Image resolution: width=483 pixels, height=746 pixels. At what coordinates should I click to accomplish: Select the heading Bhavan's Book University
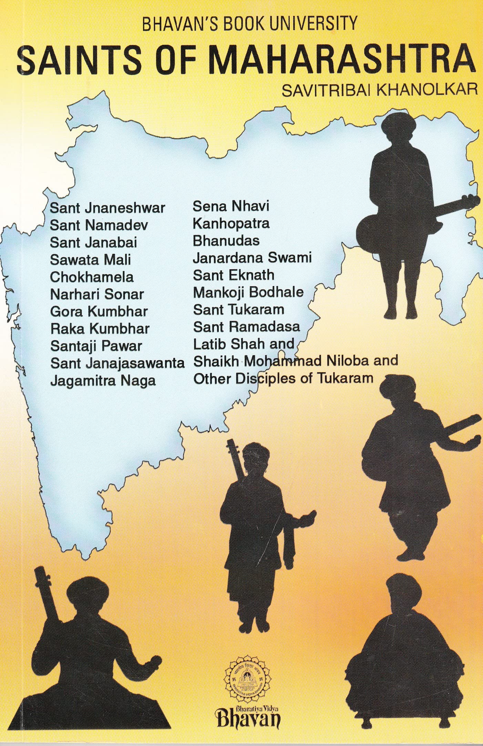coord(250,24)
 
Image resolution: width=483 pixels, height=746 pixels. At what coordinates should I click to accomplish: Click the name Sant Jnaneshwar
coord(107,208)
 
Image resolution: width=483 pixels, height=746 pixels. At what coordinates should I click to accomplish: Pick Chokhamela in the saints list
coord(92,277)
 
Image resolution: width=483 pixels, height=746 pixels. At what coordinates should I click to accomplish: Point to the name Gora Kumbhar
coord(99,312)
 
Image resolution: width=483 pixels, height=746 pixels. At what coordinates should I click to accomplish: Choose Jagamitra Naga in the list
coord(103,381)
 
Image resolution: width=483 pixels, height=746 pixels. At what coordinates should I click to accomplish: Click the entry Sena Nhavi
coord(231,206)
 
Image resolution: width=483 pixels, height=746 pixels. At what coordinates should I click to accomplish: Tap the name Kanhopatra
coord(231,224)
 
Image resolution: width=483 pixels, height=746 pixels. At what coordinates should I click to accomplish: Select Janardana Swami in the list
coord(252,258)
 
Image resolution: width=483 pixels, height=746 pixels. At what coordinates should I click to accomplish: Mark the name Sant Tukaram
coord(238,310)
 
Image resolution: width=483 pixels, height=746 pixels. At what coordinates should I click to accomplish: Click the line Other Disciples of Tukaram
coord(283,379)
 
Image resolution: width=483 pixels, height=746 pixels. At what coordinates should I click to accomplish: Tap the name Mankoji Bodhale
coord(248,292)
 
